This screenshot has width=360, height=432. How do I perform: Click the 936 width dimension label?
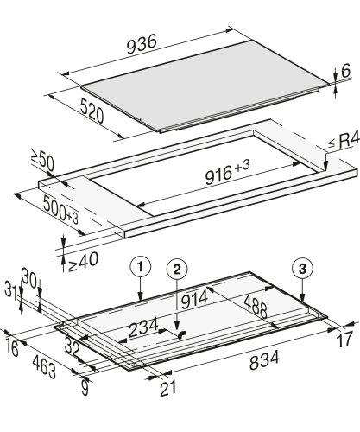pyautogui.click(x=142, y=44)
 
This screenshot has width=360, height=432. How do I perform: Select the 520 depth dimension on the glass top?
pyautogui.click(x=92, y=111)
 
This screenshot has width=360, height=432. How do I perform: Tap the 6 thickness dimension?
pyautogui.click(x=345, y=71)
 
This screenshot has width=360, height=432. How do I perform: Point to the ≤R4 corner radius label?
pyautogui.click(x=344, y=141)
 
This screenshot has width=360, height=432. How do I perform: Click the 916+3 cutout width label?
pyautogui.click(x=227, y=172)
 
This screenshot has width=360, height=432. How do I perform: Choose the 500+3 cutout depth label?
pyautogui.click(x=60, y=210)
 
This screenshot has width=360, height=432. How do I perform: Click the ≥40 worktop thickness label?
pyautogui.click(x=84, y=262)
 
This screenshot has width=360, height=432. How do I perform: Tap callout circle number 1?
pyautogui.click(x=141, y=268)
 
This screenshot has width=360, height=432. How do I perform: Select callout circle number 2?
pyautogui.click(x=177, y=270)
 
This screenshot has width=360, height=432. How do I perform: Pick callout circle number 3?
pyautogui.click(x=302, y=269)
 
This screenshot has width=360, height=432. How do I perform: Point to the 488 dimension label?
pyautogui.click(x=256, y=306)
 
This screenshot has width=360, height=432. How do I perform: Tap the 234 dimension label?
pyautogui.click(x=143, y=327)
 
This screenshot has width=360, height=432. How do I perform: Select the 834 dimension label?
pyautogui.click(x=264, y=359)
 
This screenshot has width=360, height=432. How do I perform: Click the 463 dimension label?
pyautogui.click(x=44, y=366)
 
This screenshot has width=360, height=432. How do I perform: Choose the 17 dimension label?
pyautogui.click(x=344, y=340)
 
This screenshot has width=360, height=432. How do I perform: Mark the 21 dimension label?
pyautogui.click(x=168, y=388)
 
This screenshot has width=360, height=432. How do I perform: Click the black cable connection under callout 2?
pyautogui.click(x=182, y=334)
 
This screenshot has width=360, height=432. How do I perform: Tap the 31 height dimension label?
pyautogui.click(x=11, y=289)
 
